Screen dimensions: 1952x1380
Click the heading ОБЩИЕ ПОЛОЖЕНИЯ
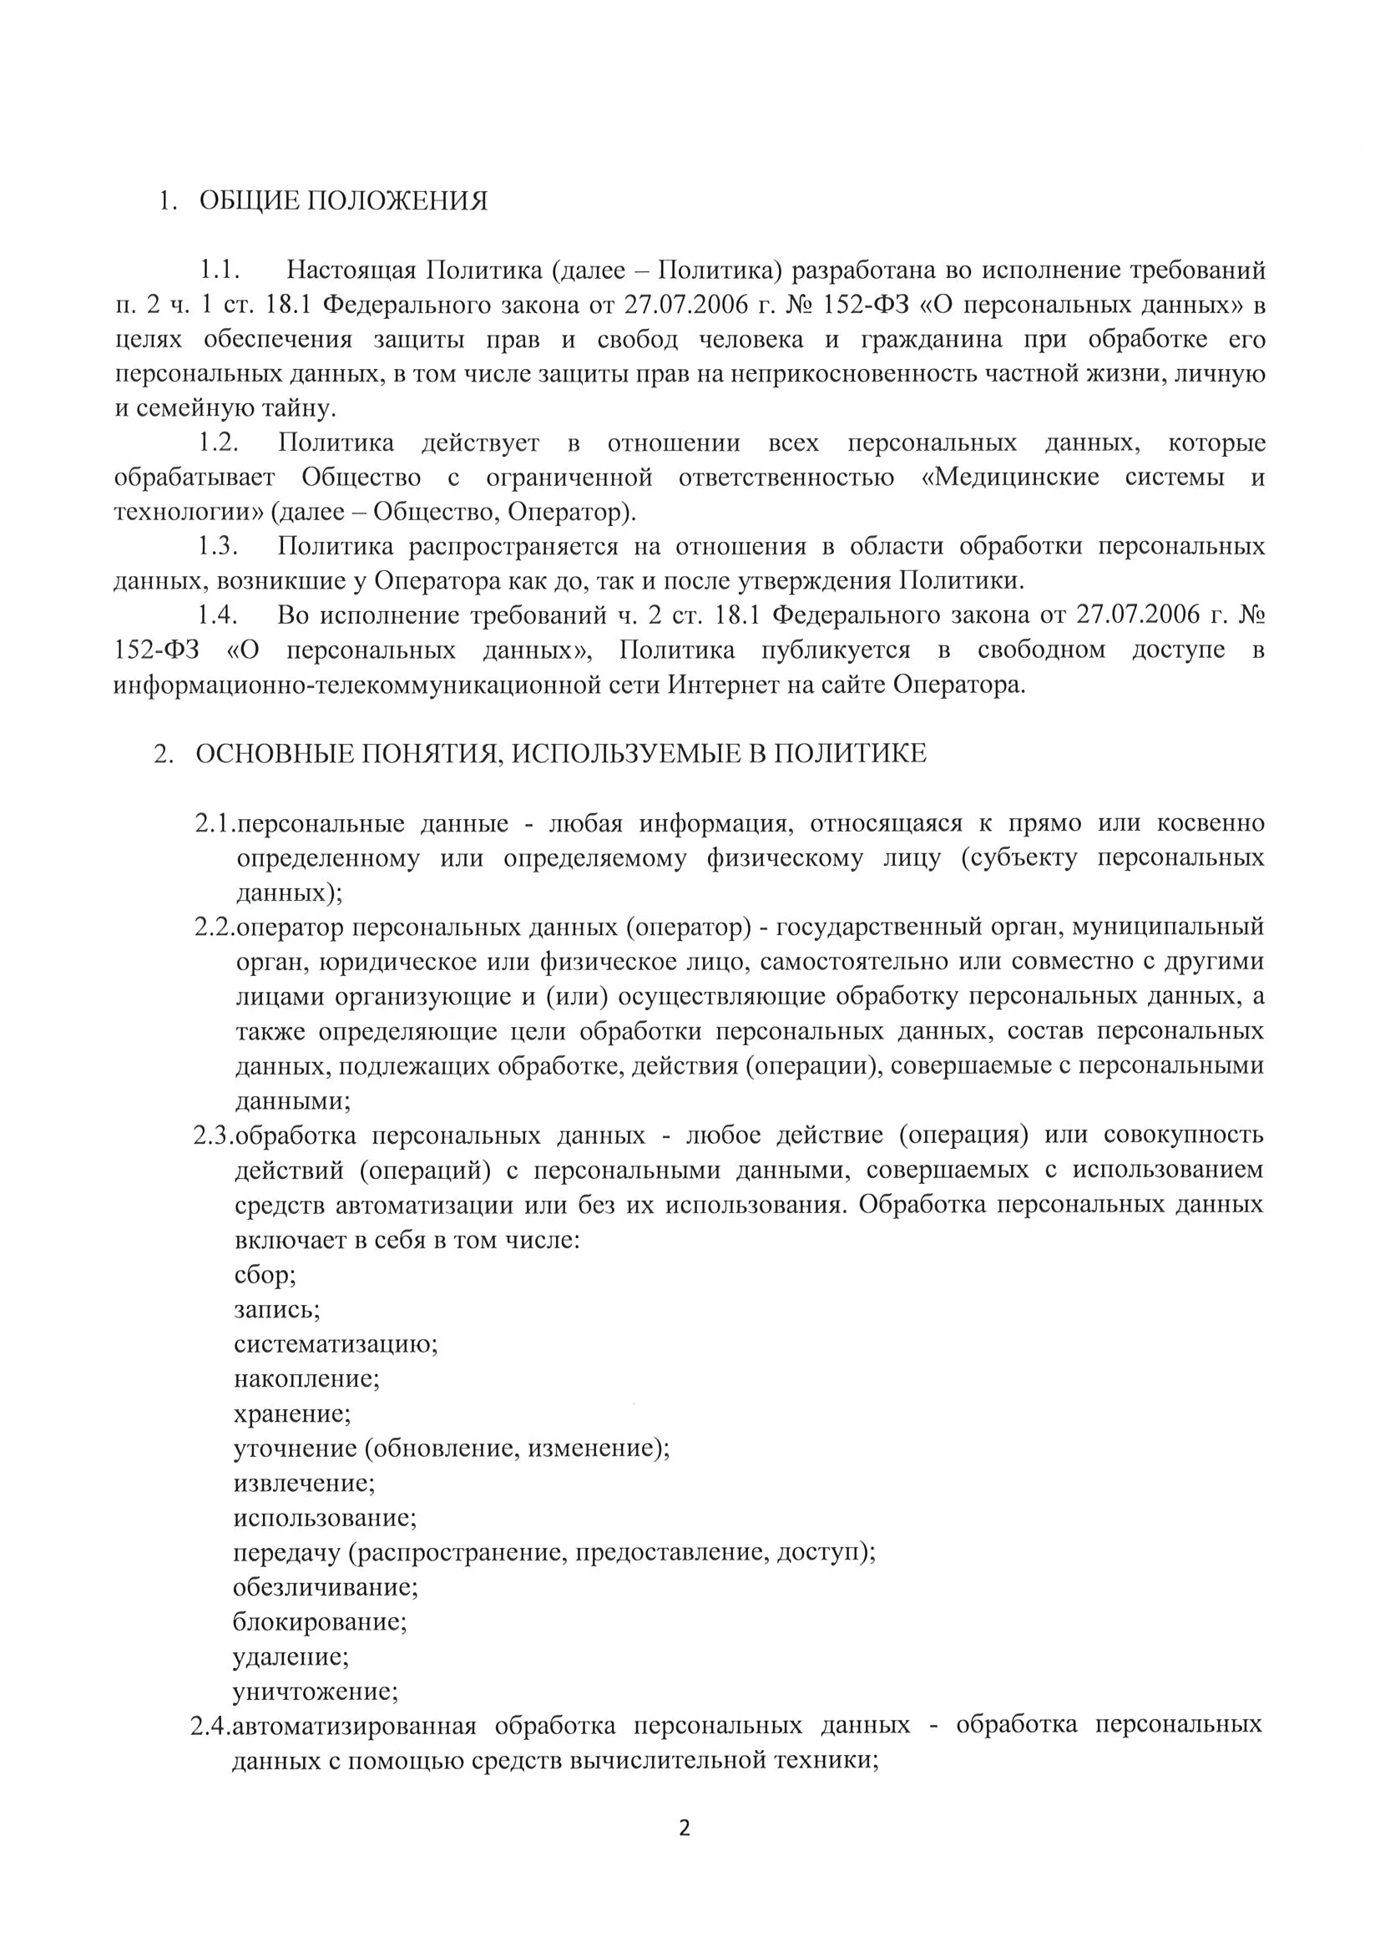point(343,201)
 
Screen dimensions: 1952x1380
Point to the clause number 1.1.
point(220,271)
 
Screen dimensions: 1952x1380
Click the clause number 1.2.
point(219,443)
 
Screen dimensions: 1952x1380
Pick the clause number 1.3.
point(219,546)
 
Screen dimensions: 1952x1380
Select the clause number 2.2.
point(215,927)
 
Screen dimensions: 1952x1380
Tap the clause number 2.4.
point(211,1725)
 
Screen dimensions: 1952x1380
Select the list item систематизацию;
point(336,1344)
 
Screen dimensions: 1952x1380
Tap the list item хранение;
point(292,1413)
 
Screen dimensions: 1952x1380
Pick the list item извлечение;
point(305,1483)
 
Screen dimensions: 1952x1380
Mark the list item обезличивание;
point(326,1586)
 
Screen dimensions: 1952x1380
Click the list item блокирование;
point(320,1621)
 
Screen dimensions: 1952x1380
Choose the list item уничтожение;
point(316,1691)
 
